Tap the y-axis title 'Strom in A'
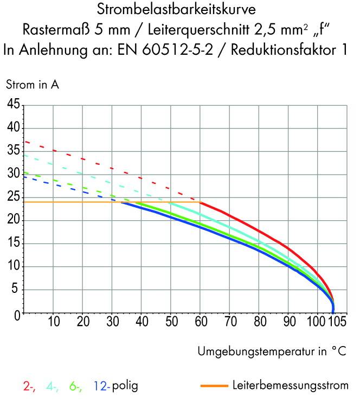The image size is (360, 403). point(33,85)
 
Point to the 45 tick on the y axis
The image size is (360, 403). point(13,105)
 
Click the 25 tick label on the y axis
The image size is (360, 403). point(13,197)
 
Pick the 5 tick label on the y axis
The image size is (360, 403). point(16,290)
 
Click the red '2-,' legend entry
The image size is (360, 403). point(30,387)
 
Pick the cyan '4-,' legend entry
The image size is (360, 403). point(53,387)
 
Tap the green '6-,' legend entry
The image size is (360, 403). point(76,387)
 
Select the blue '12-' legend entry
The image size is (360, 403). point(101,387)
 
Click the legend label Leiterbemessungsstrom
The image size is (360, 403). point(290,386)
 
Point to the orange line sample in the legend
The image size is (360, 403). point(214,386)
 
